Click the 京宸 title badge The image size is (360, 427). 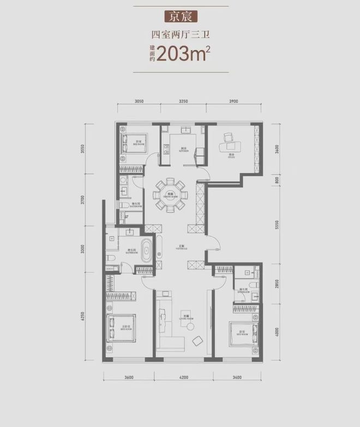pos(180,16)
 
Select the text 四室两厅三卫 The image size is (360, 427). pos(180,37)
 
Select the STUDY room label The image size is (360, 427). pos(232,157)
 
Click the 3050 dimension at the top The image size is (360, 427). pos(139,102)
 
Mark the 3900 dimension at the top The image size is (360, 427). pos(234,102)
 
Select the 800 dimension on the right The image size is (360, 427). pos(278,180)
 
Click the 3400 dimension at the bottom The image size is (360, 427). pos(237,377)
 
